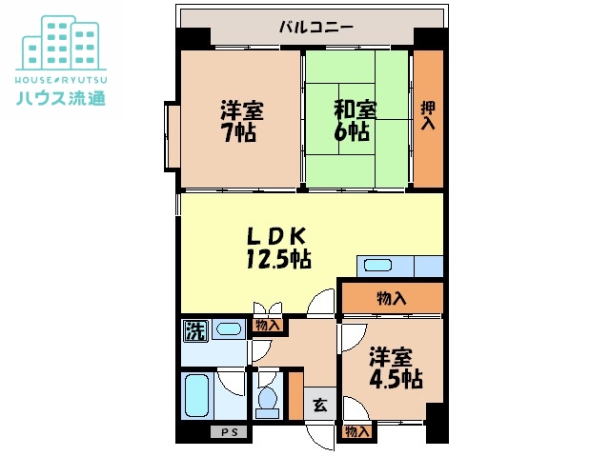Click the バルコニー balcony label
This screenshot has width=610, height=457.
pos(315,28)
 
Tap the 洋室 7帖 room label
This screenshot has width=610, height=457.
pos(241,121)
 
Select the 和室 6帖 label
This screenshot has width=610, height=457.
pos(355,121)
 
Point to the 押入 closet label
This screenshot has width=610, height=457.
pos(428,115)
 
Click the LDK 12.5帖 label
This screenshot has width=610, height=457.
pos(277,248)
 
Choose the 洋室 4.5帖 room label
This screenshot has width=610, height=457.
pos(396,368)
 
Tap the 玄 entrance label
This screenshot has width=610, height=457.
pos(320,406)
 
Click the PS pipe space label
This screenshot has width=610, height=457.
pos(229,432)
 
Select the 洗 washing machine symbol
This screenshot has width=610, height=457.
pos(195,331)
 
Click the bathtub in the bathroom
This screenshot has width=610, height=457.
pos(197,395)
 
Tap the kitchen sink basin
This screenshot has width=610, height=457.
pos(377,266)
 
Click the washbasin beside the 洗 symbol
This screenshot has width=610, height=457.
pos(229,329)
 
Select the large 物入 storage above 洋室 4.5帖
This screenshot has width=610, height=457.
pos(392,298)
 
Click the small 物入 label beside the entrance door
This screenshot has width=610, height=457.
pos(356,431)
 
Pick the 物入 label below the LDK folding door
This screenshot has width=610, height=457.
pos(268,325)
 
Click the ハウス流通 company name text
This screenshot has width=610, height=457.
pos(61,97)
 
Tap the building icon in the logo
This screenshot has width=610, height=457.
pos(61,43)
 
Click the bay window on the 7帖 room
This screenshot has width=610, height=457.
pos(172,136)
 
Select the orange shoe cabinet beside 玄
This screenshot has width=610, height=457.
pos(296,396)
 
